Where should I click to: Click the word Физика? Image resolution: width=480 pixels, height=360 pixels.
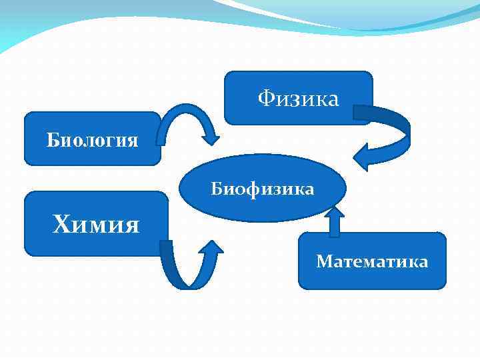click(299, 99)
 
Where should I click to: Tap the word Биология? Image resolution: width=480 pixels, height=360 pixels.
click(93, 141)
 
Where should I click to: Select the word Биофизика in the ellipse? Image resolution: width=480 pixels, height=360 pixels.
click(263, 189)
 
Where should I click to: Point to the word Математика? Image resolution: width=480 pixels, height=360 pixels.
click(372, 261)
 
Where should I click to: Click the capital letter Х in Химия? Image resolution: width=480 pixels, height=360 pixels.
click(61, 225)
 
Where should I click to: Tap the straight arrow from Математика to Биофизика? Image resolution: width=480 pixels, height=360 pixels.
click(334, 223)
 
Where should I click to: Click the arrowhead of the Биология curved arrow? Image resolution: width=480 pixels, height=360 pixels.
click(211, 136)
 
